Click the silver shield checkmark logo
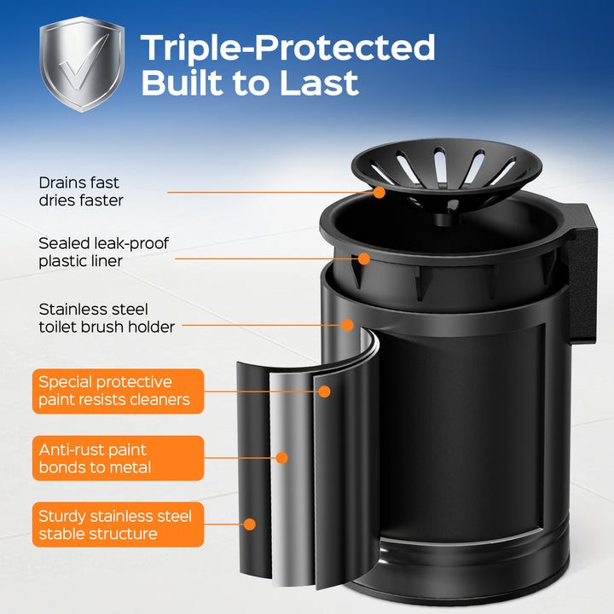pyautogui.click(x=82, y=64)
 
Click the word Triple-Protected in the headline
pyautogui.click(x=288, y=48)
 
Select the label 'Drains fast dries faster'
pyautogui.click(x=81, y=192)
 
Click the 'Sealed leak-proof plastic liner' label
pyautogui.click(x=103, y=252)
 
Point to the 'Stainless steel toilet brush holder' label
pyautogui.click(x=107, y=318)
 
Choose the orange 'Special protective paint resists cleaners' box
pyautogui.click(x=118, y=391)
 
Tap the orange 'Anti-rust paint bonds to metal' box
pyautogui.click(x=118, y=458)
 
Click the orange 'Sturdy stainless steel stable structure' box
pyautogui.click(x=118, y=524)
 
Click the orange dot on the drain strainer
pyautogui.click(x=379, y=192)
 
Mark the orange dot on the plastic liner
pyautogui.click(x=364, y=259)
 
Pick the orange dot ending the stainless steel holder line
pyautogui.click(x=347, y=325)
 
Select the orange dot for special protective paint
pyautogui.click(x=324, y=391)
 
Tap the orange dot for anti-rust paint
pyautogui.click(x=282, y=458)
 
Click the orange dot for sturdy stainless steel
pyautogui.click(x=249, y=524)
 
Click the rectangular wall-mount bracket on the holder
pyautogui.click(x=582, y=274)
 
